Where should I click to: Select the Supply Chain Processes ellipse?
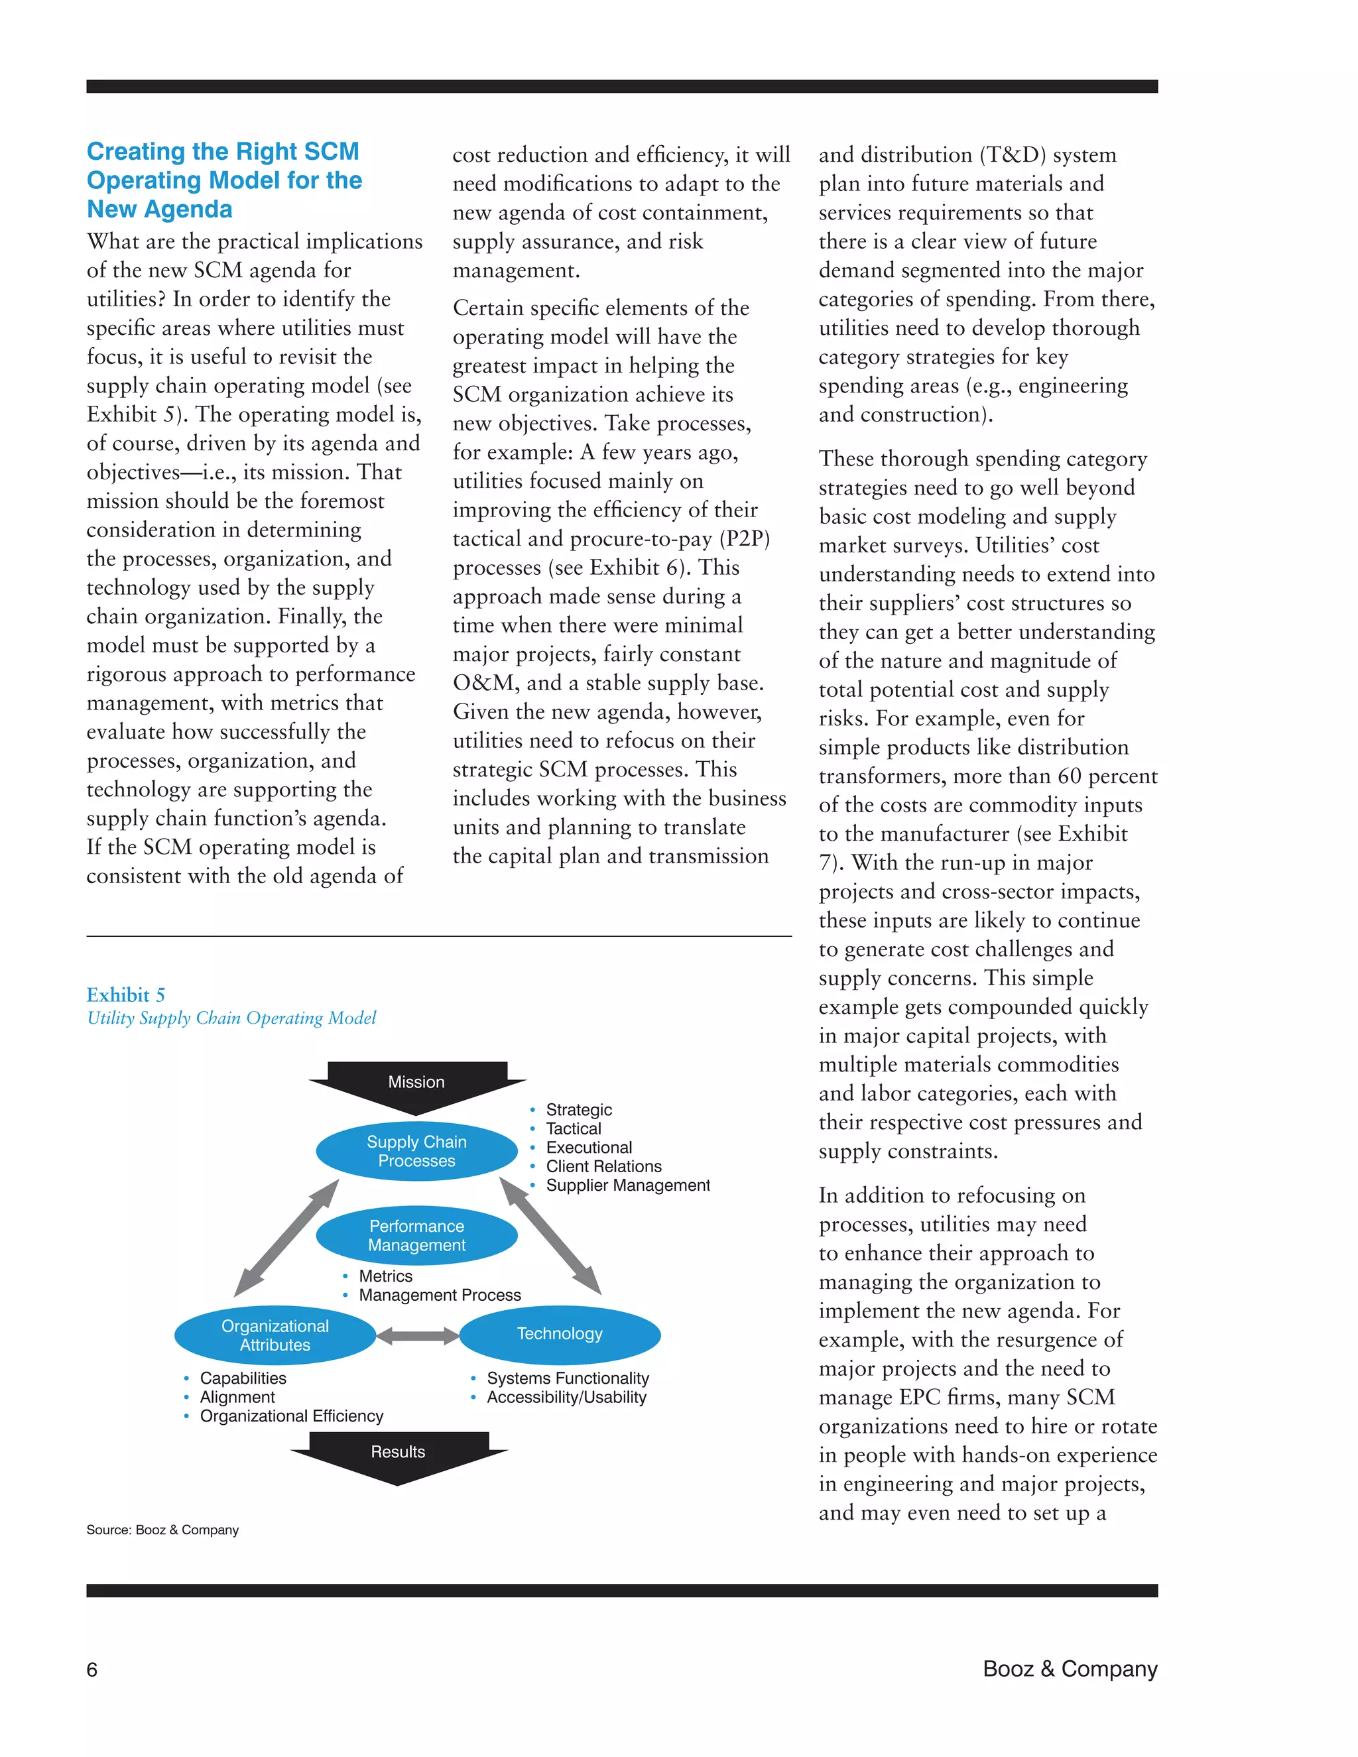click(x=416, y=1151)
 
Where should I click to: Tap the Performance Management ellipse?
click(x=416, y=1236)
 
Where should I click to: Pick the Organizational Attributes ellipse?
click(x=275, y=1335)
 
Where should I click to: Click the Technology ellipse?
click(x=559, y=1334)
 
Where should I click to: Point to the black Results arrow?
click(x=399, y=1454)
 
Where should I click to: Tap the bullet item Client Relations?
click(x=603, y=1166)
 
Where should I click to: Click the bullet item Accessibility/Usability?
click(x=566, y=1398)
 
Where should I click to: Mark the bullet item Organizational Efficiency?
click(x=291, y=1416)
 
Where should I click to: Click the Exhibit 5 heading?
click(x=125, y=995)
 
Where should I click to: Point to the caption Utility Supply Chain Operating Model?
click(x=231, y=1018)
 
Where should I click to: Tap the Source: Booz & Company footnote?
click(x=162, y=1530)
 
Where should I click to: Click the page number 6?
click(x=92, y=1670)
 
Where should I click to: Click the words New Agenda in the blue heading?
click(x=159, y=209)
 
